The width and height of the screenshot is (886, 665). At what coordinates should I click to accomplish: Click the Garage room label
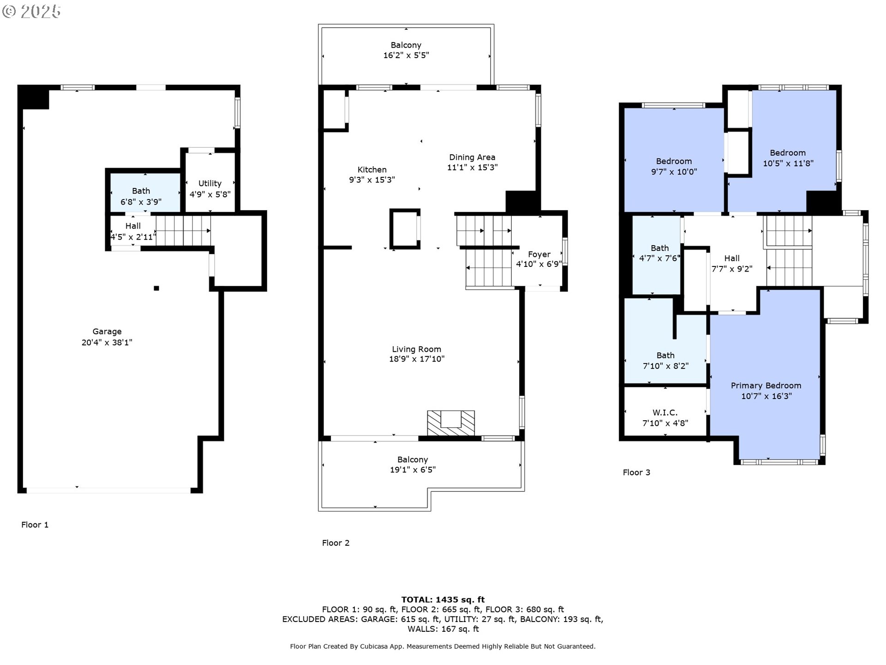[x=107, y=332]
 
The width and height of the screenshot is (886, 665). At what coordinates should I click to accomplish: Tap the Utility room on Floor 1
[x=210, y=184]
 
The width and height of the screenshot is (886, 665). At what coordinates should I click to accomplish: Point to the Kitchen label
[x=372, y=169]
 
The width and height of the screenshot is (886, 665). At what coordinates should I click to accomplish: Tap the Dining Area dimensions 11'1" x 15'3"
[x=472, y=168]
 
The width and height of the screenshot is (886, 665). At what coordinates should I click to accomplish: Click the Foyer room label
[x=539, y=254]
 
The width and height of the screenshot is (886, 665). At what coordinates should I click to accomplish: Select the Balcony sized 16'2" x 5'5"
[x=406, y=50]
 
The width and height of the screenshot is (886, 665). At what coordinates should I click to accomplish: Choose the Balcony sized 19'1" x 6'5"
[x=413, y=465]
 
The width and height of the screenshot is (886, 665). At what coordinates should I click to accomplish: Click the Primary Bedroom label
[x=766, y=386]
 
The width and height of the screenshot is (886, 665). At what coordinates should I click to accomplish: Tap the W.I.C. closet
[x=665, y=412]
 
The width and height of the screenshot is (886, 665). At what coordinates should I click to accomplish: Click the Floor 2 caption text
[x=335, y=543]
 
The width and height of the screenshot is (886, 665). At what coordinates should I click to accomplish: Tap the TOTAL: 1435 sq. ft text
[x=443, y=600]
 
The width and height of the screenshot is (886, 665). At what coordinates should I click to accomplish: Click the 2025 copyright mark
[x=32, y=12]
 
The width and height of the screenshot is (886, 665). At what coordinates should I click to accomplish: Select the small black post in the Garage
[x=156, y=288]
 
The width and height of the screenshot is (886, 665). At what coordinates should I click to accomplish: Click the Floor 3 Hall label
[x=731, y=259]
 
